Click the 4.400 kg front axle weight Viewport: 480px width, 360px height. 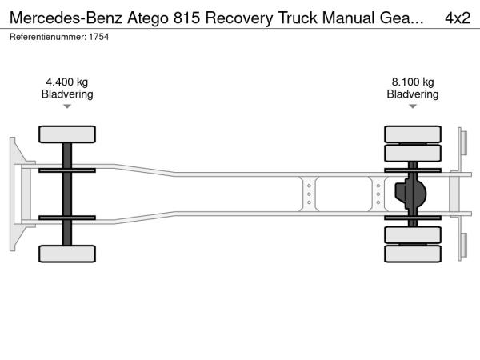[x=67, y=81]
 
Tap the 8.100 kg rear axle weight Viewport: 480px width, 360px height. [x=413, y=81]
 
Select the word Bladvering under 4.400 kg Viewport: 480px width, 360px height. [x=67, y=94]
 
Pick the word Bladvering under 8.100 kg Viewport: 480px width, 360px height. [x=413, y=94]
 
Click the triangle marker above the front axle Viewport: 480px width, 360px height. [x=67, y=106]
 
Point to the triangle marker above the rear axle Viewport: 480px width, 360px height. [x=413, y=106]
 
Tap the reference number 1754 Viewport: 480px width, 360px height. [x=98, y=37]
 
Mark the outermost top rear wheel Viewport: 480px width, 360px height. [x=413, y=134]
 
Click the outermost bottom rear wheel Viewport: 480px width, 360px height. [x=413, y=254]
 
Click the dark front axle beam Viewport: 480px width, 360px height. [x=67, y=194]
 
